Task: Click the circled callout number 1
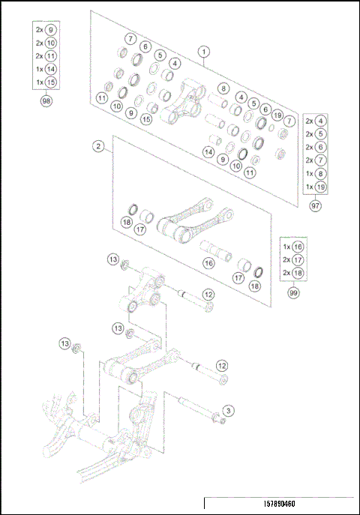pos(204,52)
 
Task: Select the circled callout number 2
pos(98,146)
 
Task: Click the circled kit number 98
pos(47,101)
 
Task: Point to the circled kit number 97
pos(315,205)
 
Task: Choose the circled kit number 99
pos(292,294)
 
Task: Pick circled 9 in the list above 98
pos(51,30)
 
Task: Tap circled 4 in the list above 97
pos(321,120)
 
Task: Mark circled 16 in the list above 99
pos(298,246)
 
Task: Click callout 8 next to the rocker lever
pos(223,88)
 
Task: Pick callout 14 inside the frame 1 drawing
pos(208,151)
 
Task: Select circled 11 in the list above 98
pos(51,55)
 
